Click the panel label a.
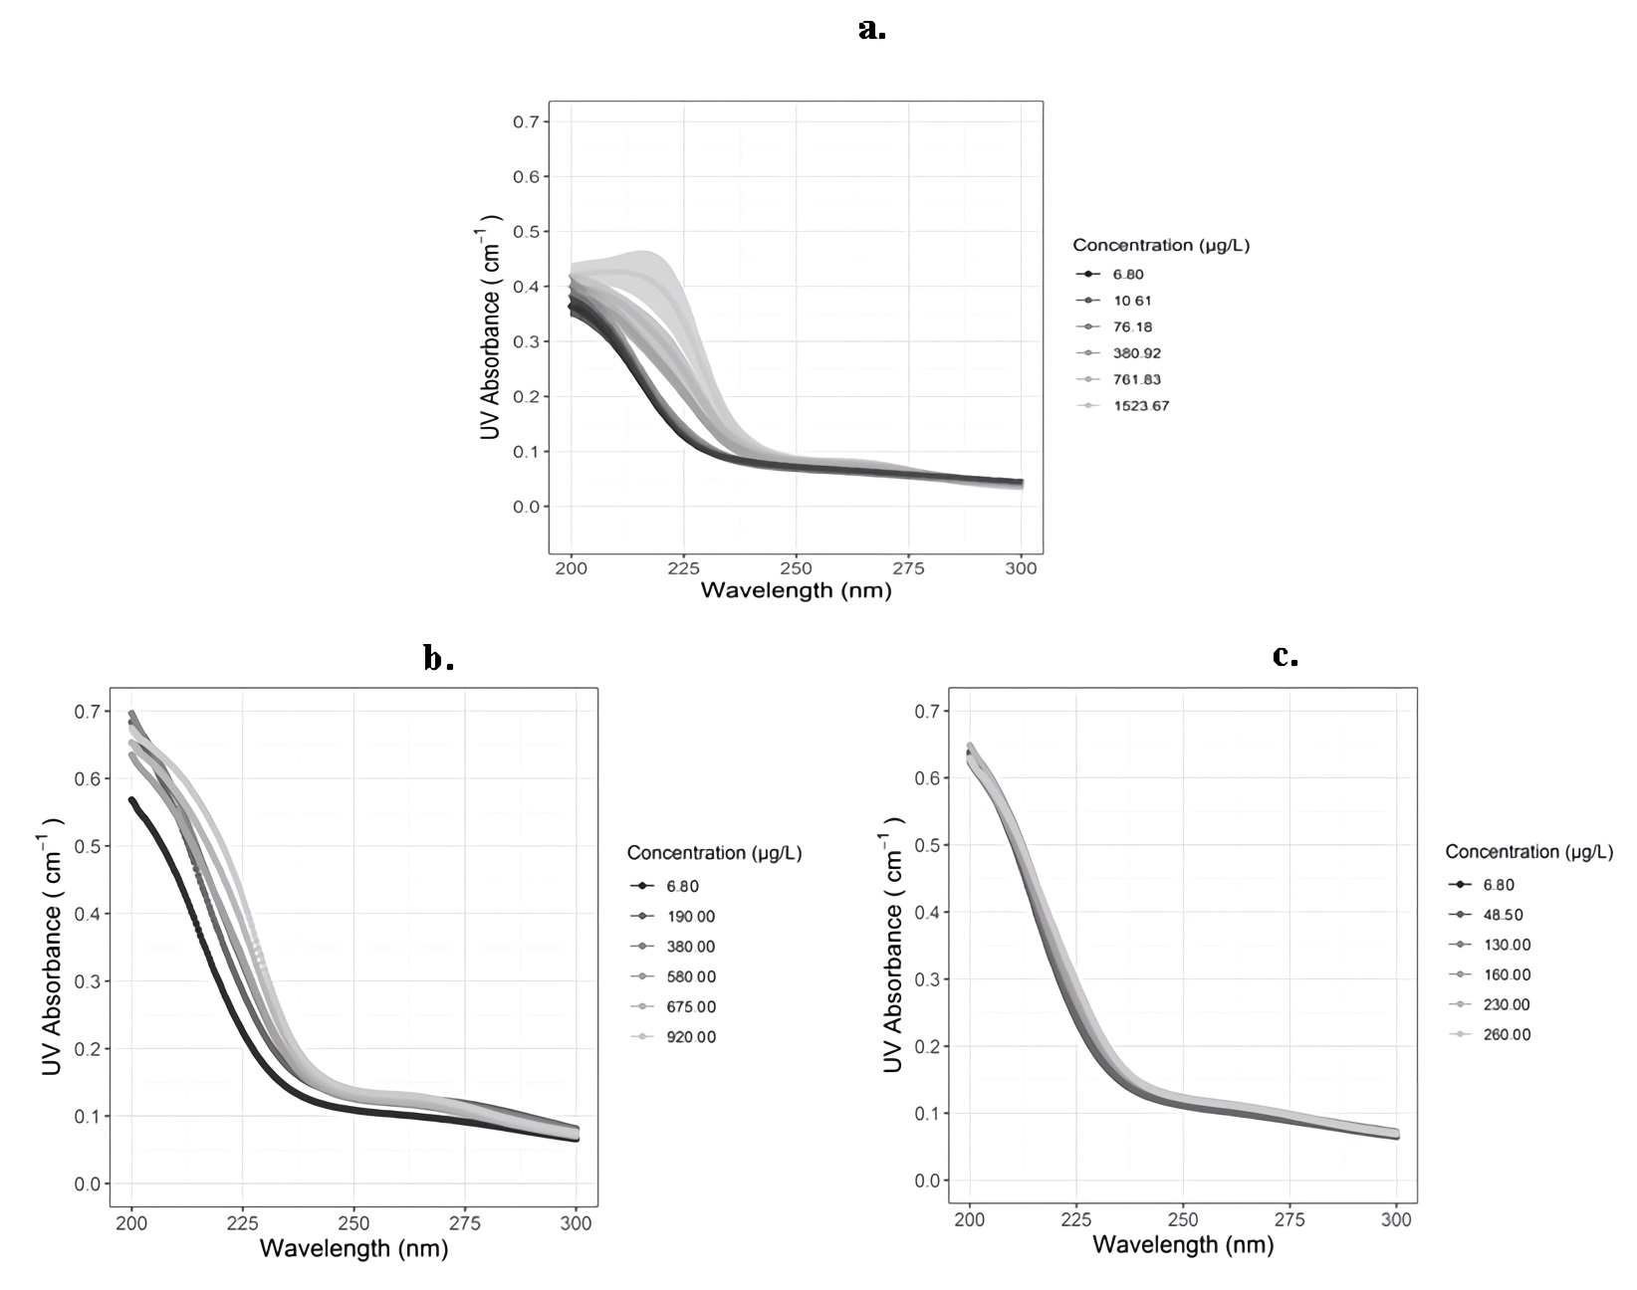click(x=871, y=30)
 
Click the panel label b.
click(x=438, y=659)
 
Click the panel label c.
click(x=1286, y=656)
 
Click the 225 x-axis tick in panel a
click(x=683, y=569)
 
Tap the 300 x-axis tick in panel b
click(x=576, y=1223)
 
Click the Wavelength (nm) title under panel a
click(x=796, y=591)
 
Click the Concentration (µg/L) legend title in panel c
click(x=1528, y=852)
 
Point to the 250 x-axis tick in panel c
click(x=1183, y=1221)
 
